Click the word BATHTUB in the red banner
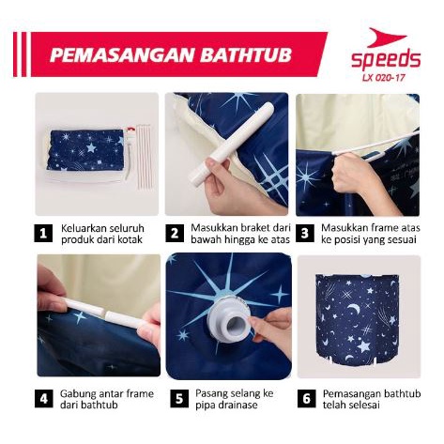point(246,55)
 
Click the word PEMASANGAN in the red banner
point(122,55)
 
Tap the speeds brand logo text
point(386,59)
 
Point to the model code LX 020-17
point(384,78)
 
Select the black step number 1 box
point(43,233)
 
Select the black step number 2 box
point(175,233)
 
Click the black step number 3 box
point(305,233)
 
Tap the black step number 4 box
point(44,398)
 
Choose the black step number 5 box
point(179,398)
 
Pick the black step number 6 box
point(307,398)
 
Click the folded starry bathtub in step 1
point(85,150)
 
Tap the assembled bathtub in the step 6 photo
point(358,322)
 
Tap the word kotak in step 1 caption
point(130,239)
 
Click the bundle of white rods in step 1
point(143,156)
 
